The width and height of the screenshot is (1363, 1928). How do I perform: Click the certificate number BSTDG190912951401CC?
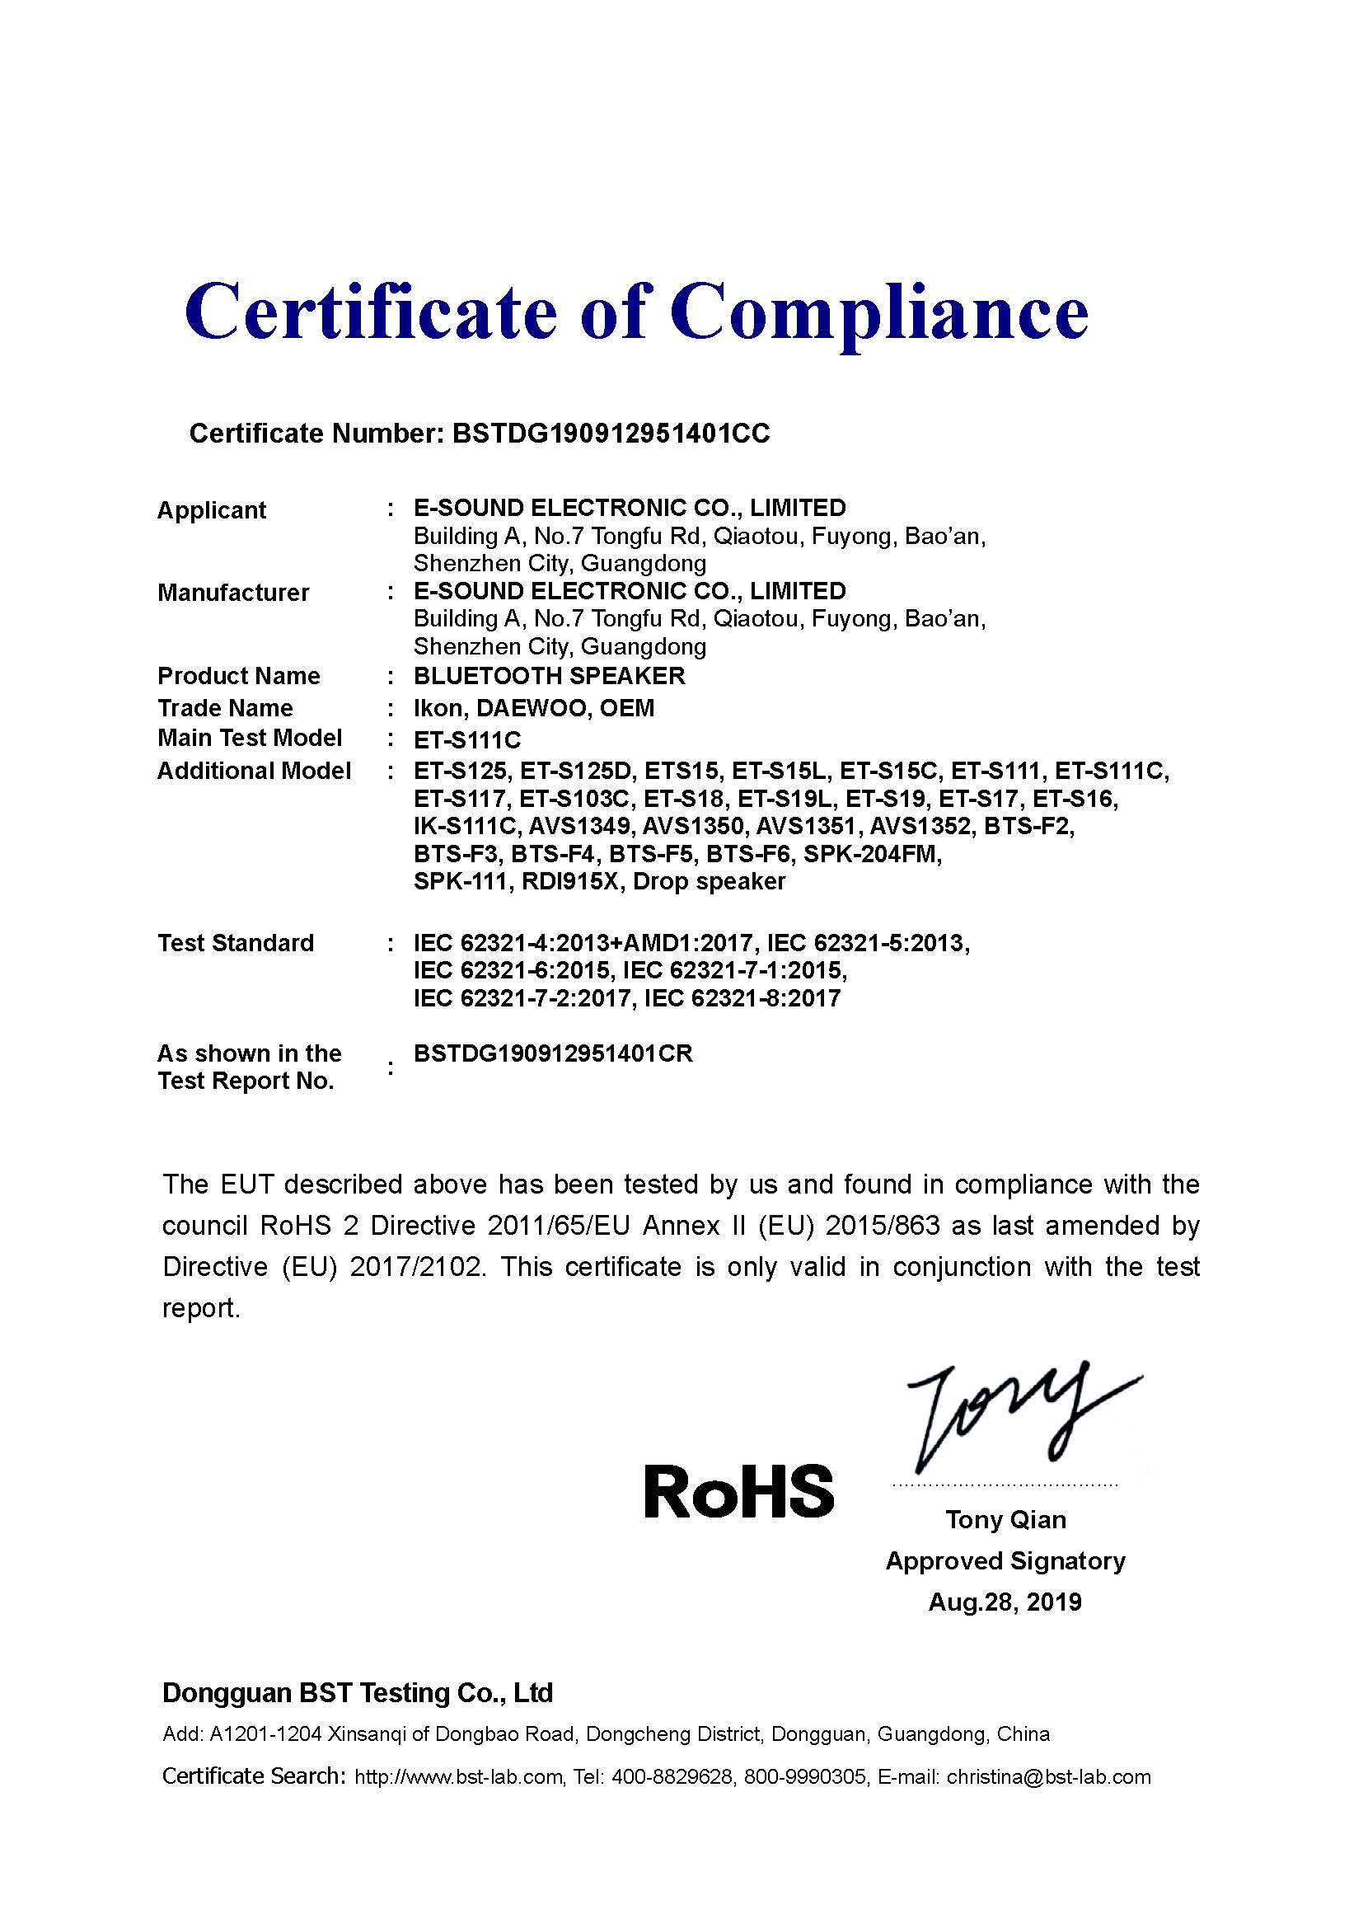[x=610, y=434]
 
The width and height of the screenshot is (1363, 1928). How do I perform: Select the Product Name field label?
[x=238, y=676]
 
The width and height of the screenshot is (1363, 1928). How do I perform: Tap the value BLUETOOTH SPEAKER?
[x=549, y=676]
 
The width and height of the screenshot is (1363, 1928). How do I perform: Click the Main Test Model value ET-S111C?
[x=467, y=739]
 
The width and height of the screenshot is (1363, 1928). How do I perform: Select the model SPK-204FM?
[x=872, y=854]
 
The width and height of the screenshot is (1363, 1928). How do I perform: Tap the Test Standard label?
[x=235, y=943]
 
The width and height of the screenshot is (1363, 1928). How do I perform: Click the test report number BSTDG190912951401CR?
[x=553, y=1054]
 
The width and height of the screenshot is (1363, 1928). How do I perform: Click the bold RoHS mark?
[x=738, y=1490]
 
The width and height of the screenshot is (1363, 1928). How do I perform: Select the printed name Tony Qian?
[x=1005, y=1520]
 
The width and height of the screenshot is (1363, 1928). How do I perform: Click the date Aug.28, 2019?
[x=1005, y=1602]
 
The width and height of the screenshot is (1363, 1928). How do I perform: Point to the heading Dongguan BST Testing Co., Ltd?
[x=358, y=1693]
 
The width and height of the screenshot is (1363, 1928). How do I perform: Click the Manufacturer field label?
[x=233, y=593]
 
